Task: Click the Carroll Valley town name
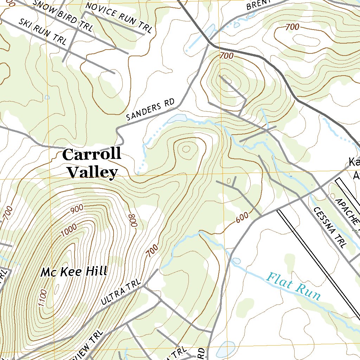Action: [92, 163]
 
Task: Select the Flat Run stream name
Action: [294, 286]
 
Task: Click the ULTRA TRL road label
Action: [121, 292]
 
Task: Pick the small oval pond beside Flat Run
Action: [236, 261]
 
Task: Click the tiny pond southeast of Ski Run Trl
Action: [47, 97]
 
